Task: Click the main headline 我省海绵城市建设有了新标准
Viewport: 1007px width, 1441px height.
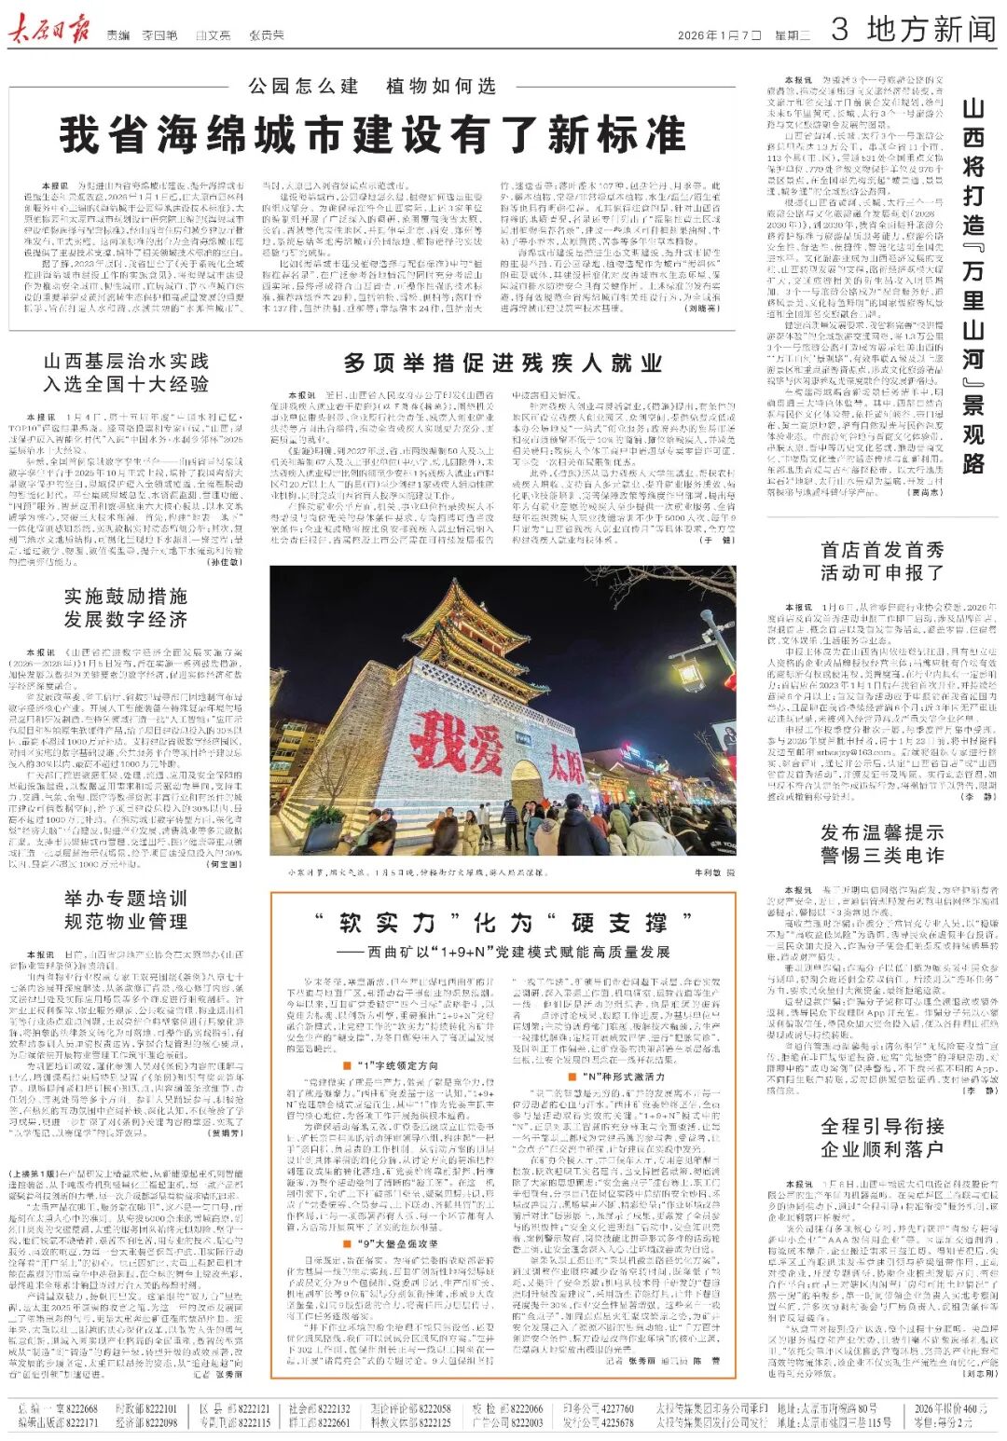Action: (373, 136)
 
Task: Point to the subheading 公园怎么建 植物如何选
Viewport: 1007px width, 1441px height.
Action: (373, 86)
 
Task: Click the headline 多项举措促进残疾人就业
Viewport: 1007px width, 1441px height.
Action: (504, 363)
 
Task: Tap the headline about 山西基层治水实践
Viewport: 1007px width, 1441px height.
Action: (127, 372)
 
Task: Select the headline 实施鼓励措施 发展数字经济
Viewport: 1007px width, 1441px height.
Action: (126, 608)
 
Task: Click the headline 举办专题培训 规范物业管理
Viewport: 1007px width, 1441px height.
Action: (126, 910)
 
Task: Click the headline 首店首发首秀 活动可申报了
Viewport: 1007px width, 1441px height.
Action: (882, 561)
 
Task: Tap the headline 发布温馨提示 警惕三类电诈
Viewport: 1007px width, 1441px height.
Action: (882, 844)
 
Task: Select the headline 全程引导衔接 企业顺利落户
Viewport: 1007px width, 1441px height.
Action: (882, 1137)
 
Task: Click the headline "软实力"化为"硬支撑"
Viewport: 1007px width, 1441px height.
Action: (504, 923)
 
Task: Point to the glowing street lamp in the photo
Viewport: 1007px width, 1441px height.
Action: (690, 673)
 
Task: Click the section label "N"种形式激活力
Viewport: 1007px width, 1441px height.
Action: (624, 1076)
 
